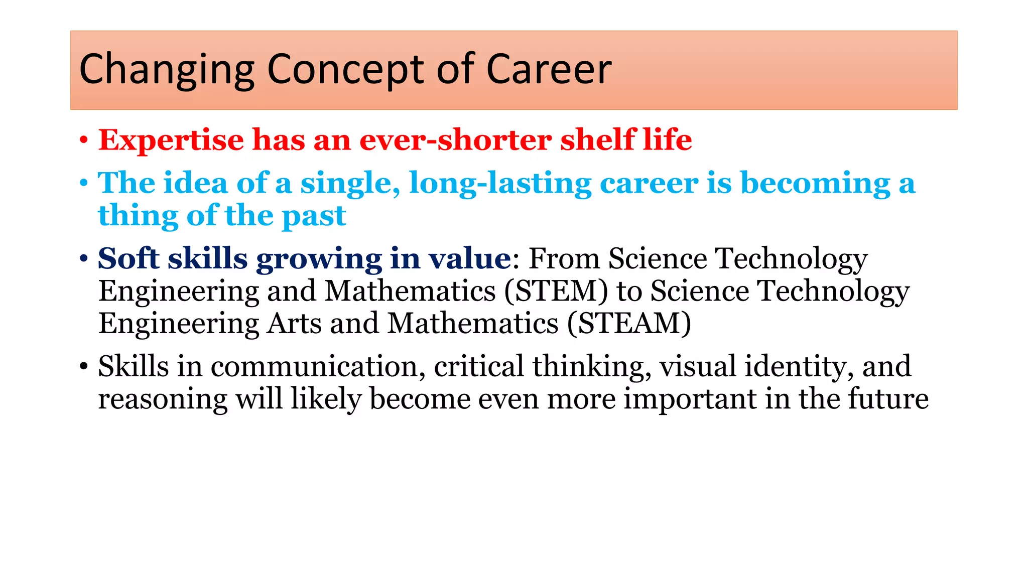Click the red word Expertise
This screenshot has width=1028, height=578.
171,140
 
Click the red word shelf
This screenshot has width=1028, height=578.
597,140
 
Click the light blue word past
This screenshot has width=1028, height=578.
314,216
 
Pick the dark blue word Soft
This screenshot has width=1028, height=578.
128,259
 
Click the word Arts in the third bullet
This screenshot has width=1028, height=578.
294,324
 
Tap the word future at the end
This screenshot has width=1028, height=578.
888,399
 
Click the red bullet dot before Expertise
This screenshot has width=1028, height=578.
84,141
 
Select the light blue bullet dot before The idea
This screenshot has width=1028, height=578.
84,184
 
